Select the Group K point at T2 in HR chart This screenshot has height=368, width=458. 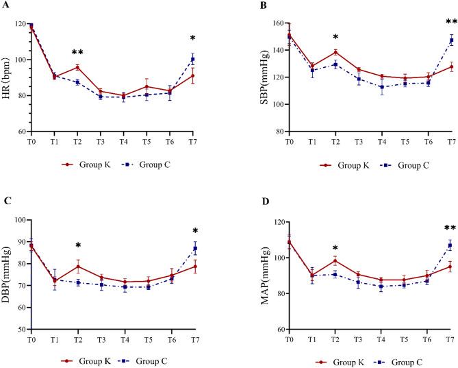(77, 67)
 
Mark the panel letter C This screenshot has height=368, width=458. (6, 202)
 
